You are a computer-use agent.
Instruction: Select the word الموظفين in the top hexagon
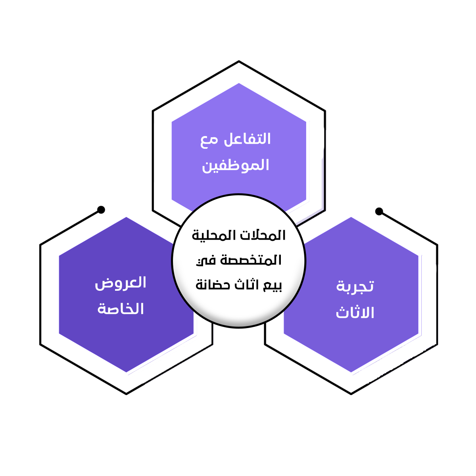coord(236,165)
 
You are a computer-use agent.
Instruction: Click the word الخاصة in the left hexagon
coord(121,309)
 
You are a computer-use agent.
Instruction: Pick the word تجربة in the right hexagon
coord(355,286)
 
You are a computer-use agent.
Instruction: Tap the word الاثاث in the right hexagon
coord(355,313)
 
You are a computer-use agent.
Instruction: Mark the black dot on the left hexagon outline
coord(101,209)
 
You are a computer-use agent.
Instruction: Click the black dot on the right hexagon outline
coord(379,211)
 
